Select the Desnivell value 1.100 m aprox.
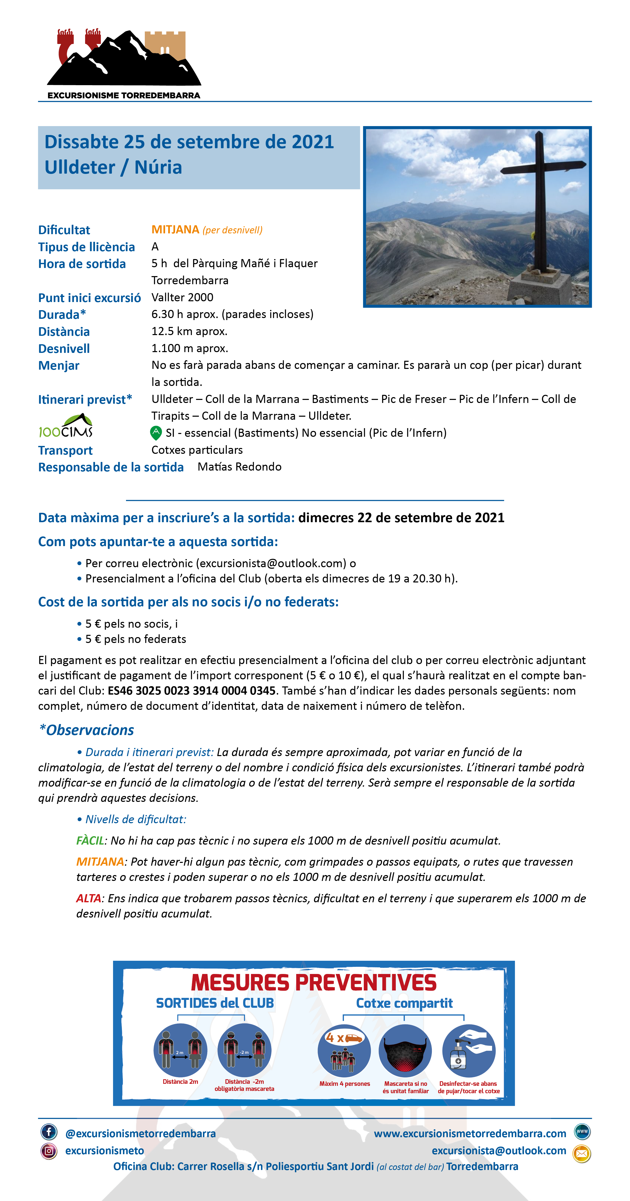190,348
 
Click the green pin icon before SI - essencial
156,433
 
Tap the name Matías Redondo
240,467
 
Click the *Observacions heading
87,730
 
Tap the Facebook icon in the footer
49,1132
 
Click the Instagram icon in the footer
49,1151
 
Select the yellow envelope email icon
582,1153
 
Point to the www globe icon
582,1132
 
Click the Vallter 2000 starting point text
182,297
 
